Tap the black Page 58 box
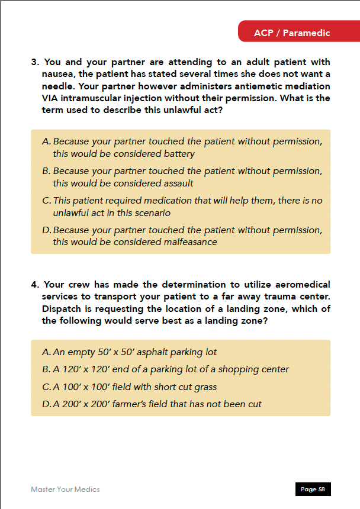tap(313, 489)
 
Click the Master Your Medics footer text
tap(65, 489)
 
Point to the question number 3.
tap(34, 62)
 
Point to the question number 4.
tap(34, 285)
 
